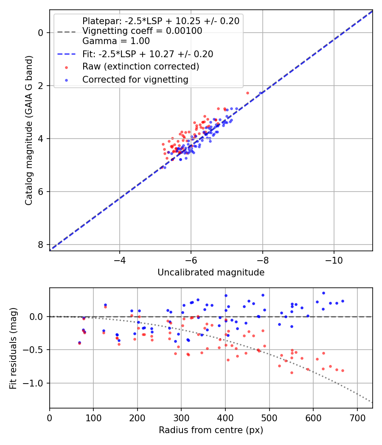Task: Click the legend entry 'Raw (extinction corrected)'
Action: pos(140,67)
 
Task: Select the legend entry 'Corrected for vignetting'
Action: pos(135,79)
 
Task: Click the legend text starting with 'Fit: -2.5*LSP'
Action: pos(148,54)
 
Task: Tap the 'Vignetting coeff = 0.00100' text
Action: pos(142,31)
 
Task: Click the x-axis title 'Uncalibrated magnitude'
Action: pos(211,273)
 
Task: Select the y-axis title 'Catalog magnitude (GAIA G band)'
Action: pos(28,131)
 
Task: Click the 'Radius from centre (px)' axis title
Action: pos(211,430)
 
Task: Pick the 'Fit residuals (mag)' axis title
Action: pos(13,348)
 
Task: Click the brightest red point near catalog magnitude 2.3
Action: pos(247,93)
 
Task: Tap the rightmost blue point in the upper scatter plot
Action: pos(261,93)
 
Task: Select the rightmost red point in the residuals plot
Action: pos(343,370)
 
